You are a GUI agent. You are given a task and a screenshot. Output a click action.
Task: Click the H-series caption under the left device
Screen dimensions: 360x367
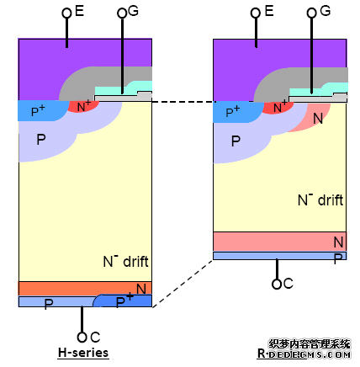[x=83, y=353]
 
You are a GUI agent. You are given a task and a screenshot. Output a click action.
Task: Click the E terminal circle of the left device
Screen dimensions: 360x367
[x=66, y=13]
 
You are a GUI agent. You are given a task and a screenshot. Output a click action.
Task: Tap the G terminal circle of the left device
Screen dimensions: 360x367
[x=122, y=13]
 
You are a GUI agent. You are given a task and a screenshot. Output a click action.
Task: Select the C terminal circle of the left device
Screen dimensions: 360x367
[x=82, y=338]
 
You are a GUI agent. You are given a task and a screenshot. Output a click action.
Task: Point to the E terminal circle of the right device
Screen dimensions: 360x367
[x=256, y=13]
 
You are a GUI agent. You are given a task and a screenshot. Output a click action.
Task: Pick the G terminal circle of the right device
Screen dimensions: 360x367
[x=311, y=13]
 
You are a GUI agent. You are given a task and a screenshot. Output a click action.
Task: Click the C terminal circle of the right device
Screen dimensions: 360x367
[x=277, y=284]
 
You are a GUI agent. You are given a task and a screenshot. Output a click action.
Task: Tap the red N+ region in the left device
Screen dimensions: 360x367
[x=83, y=106]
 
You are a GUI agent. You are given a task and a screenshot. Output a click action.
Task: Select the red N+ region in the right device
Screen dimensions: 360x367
[x=278, y=108]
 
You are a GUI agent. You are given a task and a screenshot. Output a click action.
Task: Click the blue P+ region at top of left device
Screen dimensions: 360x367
[x=42, y=110]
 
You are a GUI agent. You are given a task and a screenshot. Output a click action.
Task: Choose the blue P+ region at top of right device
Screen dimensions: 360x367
[x=237, y=112]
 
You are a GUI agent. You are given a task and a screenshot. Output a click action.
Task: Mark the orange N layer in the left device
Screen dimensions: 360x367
[x=85, y=288]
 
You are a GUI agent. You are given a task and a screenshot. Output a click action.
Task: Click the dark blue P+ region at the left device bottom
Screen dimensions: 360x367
[x=124, y=301]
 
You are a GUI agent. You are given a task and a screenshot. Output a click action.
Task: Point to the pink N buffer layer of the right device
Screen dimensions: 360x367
[x=279, y=242]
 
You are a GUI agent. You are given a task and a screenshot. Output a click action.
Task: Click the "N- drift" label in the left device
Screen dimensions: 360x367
[x=126, y=261]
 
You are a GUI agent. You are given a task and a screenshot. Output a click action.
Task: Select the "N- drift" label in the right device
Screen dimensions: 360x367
[x=320, y=200]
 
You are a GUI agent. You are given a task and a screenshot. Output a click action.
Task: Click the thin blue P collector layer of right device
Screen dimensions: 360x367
[x=279, y=256]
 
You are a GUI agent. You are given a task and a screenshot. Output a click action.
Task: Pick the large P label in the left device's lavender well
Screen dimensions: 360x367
[x=41, y=140]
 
